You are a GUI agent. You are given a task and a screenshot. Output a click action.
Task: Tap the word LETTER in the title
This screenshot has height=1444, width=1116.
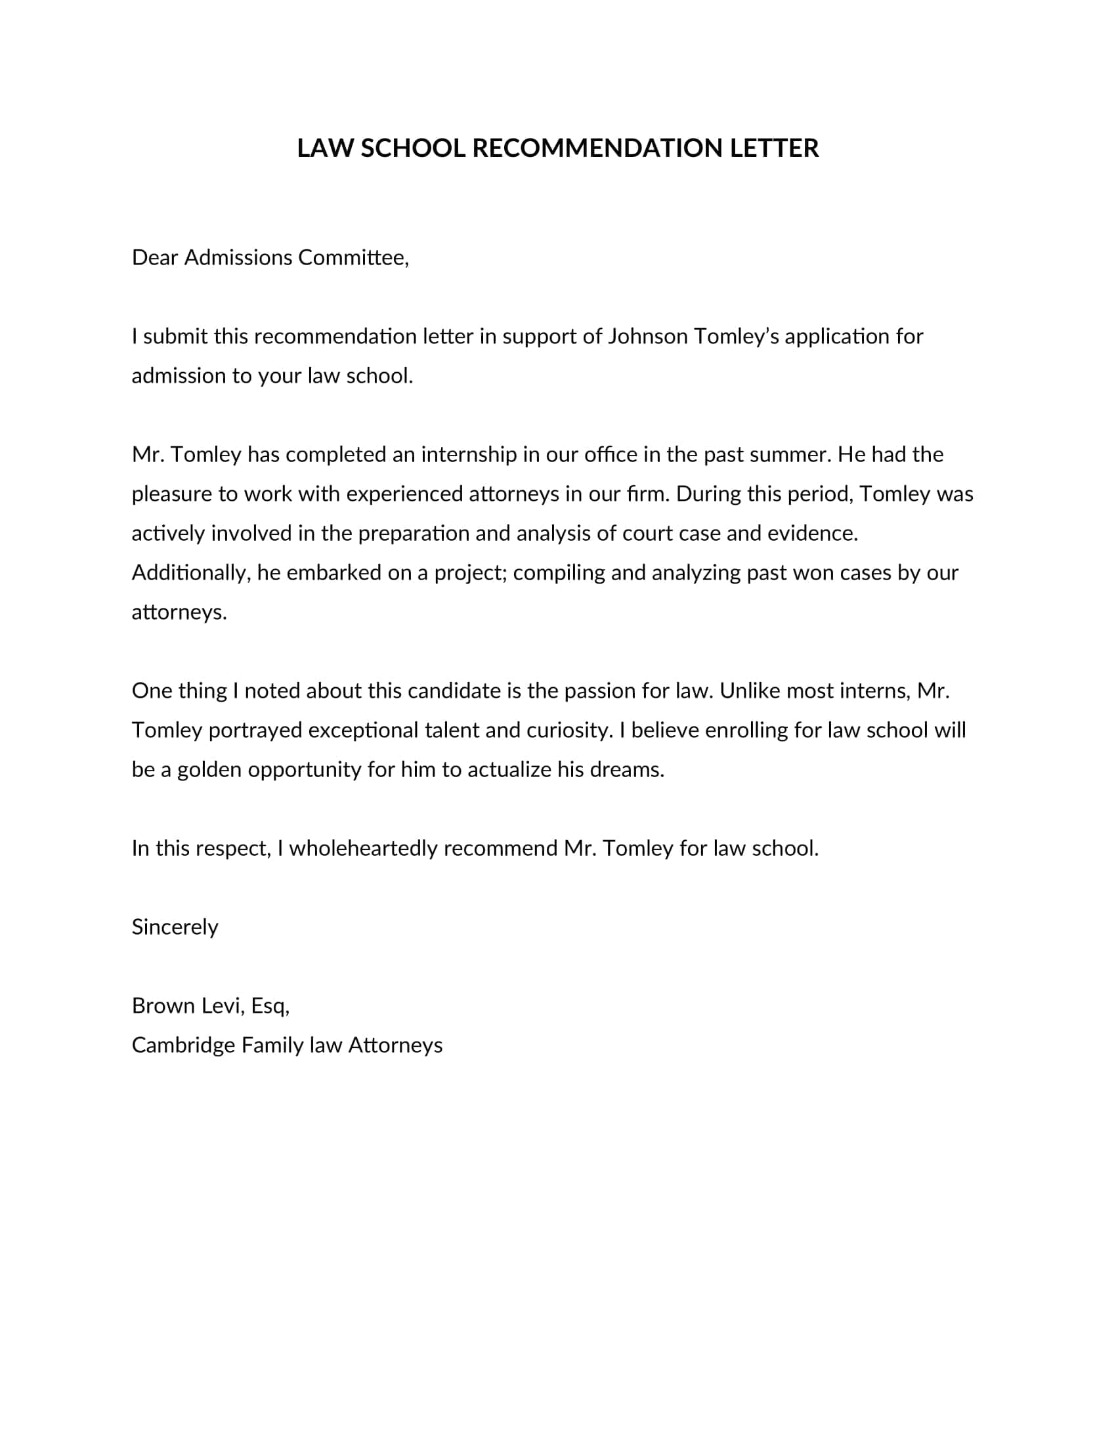pyautogui.click(x=774, y=148)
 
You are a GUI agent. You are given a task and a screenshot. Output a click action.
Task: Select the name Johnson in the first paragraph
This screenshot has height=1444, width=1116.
pyautogui.click(x=647, y=337)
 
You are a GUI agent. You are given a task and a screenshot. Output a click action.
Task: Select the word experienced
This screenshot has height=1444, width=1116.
pyautogui.click(x=404, y=494)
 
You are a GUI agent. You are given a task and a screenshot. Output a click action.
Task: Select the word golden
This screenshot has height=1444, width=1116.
pyautogui.click(x=209, y=770)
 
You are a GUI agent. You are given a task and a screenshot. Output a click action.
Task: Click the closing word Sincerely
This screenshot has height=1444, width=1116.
pyautogui.click(x=175, y=927)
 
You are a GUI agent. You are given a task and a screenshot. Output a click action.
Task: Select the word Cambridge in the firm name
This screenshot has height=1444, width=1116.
pyautogui.click(x=183, y=1046)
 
